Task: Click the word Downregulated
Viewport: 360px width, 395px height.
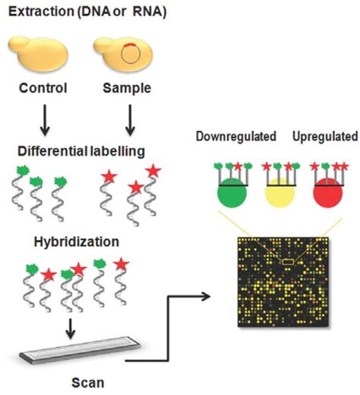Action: [235, 137]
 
